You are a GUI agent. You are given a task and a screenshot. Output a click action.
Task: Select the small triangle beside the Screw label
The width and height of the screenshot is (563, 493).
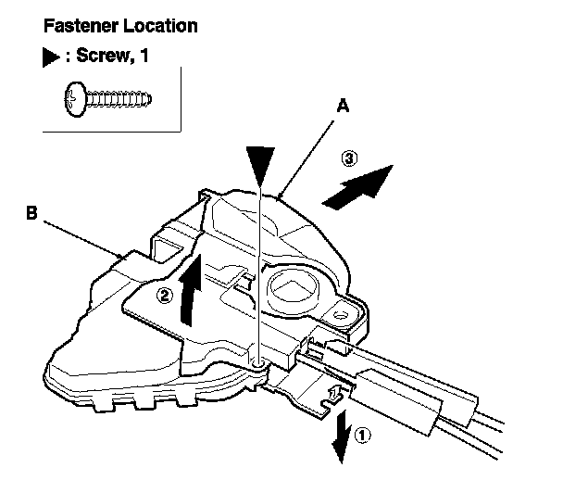click(x=52, y=56)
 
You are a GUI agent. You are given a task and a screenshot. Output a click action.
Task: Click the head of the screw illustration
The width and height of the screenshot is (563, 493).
click(x=75, y=95)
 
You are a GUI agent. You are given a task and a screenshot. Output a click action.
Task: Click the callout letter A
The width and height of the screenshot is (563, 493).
click(x=342, y=107)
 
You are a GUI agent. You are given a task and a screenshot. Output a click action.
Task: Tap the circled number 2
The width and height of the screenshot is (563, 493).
click(x=165, y=297)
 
